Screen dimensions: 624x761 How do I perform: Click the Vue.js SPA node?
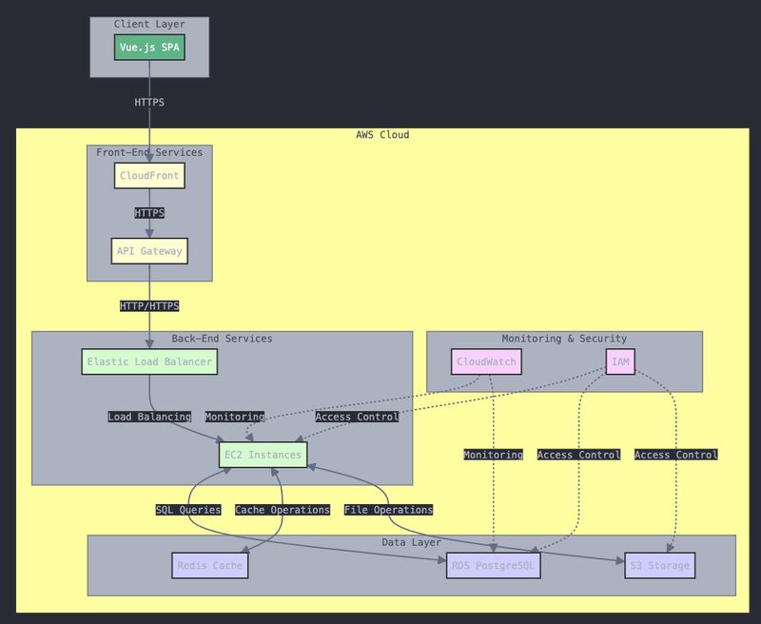[149, 48]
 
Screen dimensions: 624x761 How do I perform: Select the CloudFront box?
[149, 176]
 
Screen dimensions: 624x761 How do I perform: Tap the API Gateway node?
[149, 251]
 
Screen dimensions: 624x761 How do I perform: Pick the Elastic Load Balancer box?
[149, 361]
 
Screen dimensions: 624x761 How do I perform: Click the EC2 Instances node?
[263, 455]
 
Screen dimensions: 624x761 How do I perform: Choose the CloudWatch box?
[487, 361]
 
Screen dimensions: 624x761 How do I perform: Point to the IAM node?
[619, 361]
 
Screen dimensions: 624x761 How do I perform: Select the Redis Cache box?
[210, 565]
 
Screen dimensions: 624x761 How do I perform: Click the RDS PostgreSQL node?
[494, 565]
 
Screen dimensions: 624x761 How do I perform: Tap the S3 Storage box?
[660, 565]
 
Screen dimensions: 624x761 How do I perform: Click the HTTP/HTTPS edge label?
[149, 306]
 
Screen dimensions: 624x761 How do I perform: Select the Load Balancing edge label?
[149, 417]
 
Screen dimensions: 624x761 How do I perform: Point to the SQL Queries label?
[188, 510]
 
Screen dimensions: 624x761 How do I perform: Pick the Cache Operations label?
[283, 510]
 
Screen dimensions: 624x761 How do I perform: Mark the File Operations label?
[389, 510]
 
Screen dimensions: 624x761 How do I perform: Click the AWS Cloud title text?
[382, 135]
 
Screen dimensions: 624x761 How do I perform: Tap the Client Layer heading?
[149, 24]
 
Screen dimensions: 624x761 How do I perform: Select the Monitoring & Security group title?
[564, 339]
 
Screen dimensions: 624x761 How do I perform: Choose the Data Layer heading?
[411, 542]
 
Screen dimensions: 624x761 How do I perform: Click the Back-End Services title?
[222, 339]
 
